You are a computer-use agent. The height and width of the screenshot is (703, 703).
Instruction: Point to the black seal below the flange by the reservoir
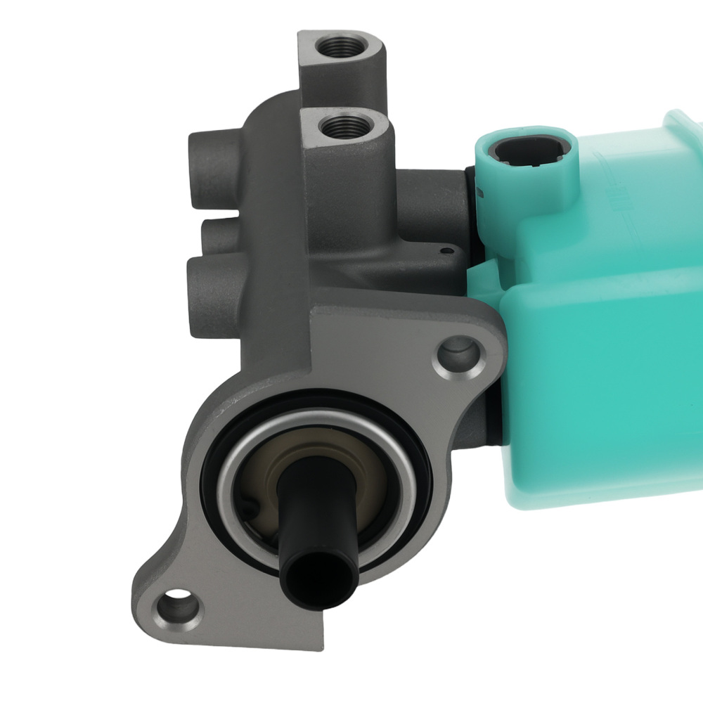[496, 422]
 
